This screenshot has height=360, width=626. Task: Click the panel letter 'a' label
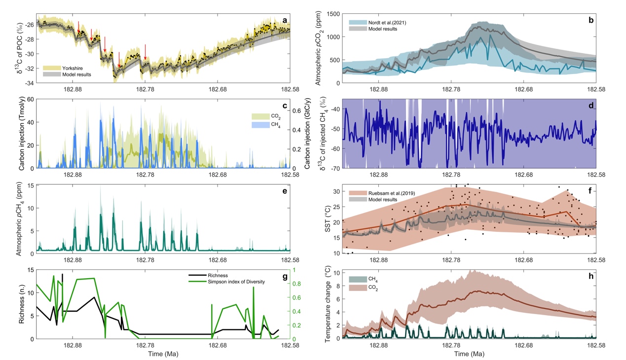tap(285, 20)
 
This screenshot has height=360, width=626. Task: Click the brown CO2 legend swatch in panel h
tap(356, 287)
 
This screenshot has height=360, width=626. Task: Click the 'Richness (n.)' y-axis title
tap(22, 305)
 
